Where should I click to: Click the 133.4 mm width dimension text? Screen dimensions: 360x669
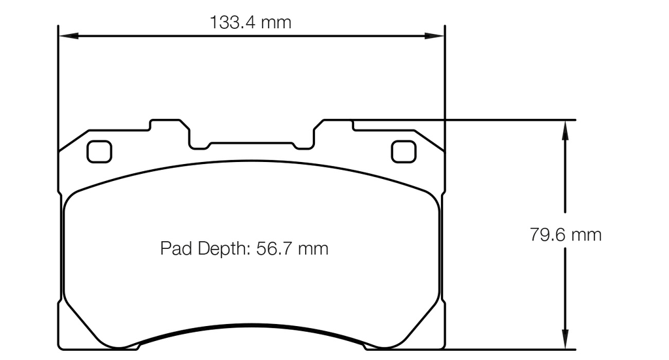[250, 23]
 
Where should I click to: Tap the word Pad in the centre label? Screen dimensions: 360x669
[174, 249]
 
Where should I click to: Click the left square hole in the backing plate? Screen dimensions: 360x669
[99, 152]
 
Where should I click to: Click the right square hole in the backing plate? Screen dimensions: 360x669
[403, 152]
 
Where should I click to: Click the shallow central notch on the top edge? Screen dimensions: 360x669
[251, 144]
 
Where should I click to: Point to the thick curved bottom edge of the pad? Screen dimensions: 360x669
[251, 326]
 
